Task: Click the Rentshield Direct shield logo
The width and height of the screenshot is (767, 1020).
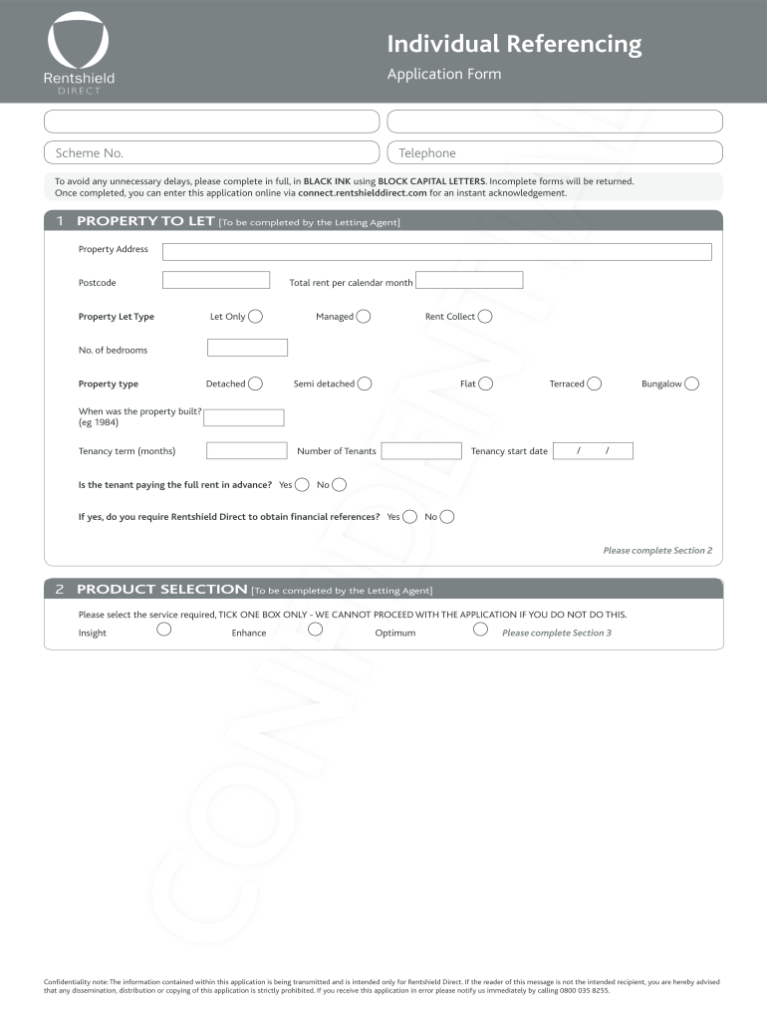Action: pos(78,41)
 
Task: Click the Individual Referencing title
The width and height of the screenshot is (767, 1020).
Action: pos(514,44)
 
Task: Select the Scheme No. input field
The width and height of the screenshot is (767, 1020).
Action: pos(211,152)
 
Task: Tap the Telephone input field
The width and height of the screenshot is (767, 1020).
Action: pos(554,152)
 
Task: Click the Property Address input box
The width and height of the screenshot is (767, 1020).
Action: pos(436,251)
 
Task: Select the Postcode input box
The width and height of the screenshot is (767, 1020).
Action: pos(215,281)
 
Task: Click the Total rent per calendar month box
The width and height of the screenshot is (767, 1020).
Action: pos(468,281)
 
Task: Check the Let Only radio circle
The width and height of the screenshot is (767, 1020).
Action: pos(255,317)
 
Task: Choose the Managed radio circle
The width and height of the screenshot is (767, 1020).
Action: pos(364,317)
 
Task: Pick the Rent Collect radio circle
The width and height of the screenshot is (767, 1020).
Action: pos(484,317)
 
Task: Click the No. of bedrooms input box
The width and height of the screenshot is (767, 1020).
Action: pos(247,348)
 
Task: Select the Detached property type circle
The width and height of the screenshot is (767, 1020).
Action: pos(255,383)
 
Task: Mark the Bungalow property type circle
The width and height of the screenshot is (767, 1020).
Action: pos(691,383)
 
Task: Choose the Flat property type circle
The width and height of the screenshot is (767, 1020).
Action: pos(485,383)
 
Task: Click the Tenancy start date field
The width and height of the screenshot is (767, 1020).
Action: pos(593,451)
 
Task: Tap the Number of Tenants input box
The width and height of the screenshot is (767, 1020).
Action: pos(421,451)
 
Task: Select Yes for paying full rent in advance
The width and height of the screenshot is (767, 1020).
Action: pos(302,485)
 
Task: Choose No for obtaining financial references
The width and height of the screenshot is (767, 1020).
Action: pos(446,517)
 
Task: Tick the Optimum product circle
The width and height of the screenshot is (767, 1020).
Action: pos(480,629)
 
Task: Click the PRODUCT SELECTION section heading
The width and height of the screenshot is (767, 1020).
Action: pos(161,589)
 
